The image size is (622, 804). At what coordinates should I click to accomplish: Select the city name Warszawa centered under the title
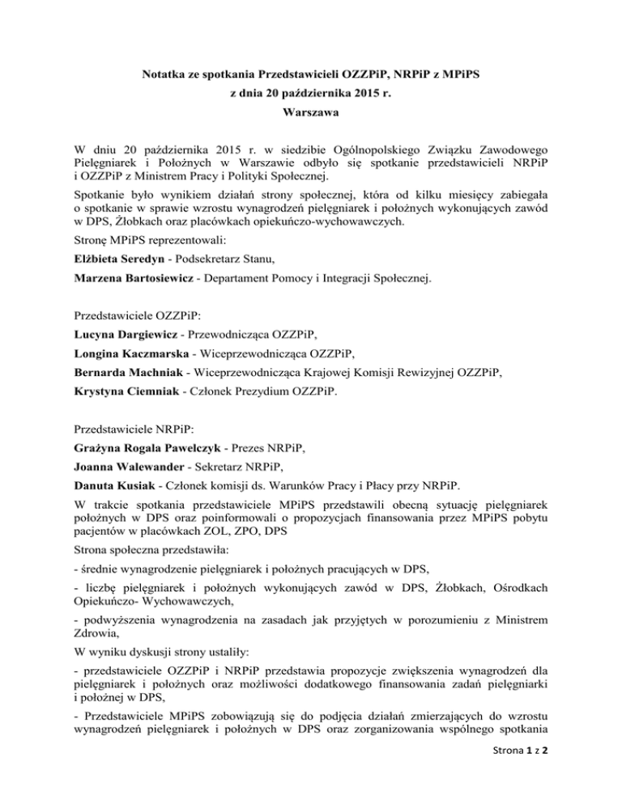click(311, 116)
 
